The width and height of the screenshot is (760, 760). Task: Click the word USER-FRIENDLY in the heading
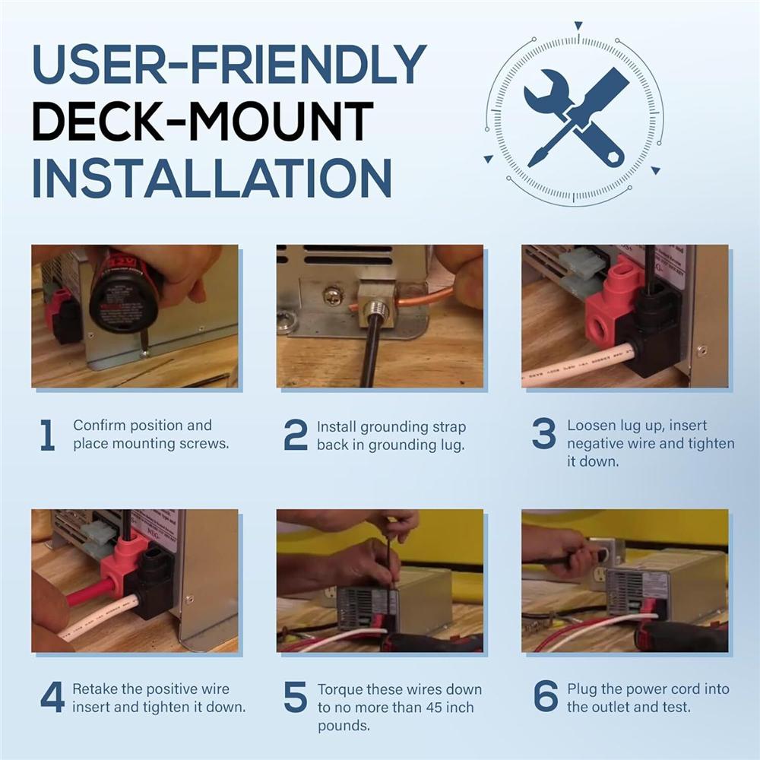click(229, 65)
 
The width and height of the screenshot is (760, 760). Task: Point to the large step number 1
click(47, 435)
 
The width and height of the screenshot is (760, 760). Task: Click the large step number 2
click(296, 435)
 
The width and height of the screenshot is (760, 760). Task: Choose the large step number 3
click(544, 433)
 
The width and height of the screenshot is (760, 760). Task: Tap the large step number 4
click(52, 697)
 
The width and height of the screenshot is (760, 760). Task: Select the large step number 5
click(296, 697)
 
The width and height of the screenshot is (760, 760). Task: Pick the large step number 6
click(546, 696)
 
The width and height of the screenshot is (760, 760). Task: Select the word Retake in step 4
click(92, 689)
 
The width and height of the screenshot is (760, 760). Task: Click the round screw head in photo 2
click(331, 293)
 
